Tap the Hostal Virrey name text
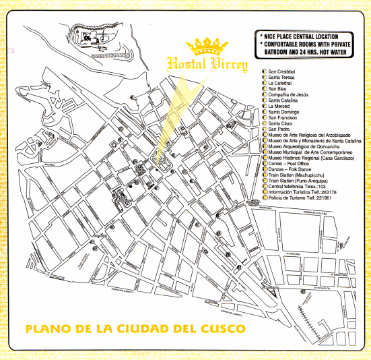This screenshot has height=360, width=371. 208,65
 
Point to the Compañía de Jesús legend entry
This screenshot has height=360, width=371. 293,94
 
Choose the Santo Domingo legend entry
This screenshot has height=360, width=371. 288,112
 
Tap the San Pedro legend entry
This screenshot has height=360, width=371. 282,129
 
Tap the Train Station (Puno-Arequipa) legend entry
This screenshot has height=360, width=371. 302,181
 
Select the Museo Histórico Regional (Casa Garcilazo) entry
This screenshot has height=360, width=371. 311,158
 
